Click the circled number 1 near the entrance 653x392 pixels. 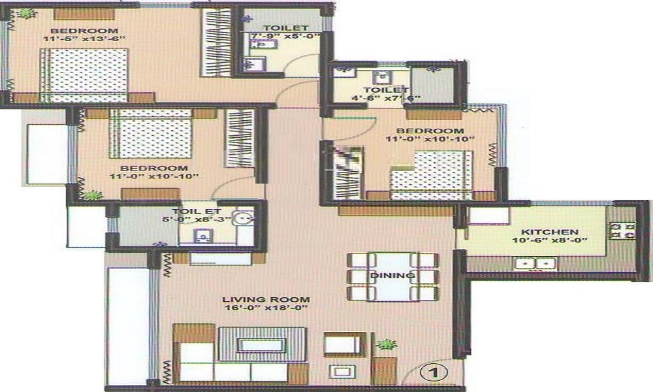[434, 372]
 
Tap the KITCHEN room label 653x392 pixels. [550, 232]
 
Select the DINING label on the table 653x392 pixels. [392, 275]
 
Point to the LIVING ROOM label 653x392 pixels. [266, 299]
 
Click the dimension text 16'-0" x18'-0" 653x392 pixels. [266, 308]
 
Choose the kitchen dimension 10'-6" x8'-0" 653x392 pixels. [550, 240]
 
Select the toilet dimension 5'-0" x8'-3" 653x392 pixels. [197, 220]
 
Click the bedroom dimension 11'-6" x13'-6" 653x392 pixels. [84, 39]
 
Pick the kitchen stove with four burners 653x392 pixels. [622, 231]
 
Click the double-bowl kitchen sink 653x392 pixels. [535, 264]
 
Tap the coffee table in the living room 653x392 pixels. [262, 344]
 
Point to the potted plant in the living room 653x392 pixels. [386, 344]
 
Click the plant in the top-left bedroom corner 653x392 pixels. [27, 14]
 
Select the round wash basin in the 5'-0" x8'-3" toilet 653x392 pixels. [243, 218]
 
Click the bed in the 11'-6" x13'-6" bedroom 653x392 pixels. [84, 75]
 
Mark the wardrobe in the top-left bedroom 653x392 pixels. [216, 42]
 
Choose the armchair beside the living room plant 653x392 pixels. [345, 345]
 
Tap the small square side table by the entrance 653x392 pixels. [342, 372]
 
